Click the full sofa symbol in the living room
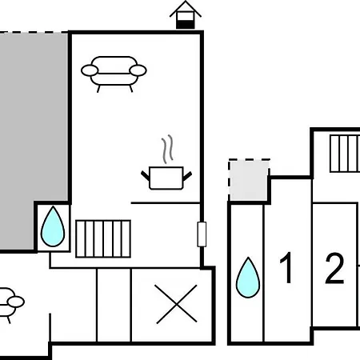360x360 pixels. click(114, 74)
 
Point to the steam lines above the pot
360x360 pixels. click(167, 149)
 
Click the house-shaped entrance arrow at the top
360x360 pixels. click(186, 14)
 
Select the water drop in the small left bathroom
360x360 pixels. click(53, 226)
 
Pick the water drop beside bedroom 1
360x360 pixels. click(248, 278)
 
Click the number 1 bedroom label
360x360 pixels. click(286, 268)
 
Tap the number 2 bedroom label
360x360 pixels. click(334, 268)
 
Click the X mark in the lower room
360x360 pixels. click(176, 304)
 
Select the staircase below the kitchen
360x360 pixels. click(103, 238)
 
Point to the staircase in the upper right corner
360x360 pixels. click(345, 154)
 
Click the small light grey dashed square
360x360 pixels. click(249, 180)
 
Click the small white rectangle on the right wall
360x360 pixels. click(202, 234)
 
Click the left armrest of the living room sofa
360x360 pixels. click(90, 70)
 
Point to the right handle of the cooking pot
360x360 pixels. click(187, 176)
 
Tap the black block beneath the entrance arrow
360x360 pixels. click(186, 24)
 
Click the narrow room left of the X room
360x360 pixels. click(114, 305)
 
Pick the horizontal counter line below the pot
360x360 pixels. click(166, 203)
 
